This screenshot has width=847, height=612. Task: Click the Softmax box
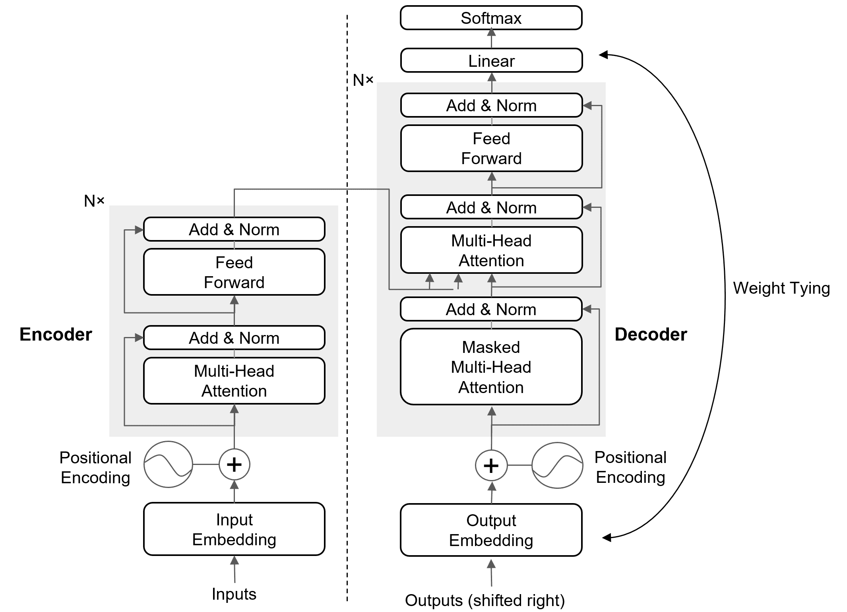click(491, 18)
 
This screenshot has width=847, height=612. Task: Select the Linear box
click(491, 60)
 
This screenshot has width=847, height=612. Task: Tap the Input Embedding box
click(234, 529)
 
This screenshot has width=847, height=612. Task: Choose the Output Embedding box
click(491, 530)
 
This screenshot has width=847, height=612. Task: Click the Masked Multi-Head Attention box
click(491, 367)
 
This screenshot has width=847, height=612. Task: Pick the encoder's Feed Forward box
click(234, 272)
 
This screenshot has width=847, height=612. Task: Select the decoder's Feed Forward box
click(491, 148)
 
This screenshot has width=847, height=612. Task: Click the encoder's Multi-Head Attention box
click(234, 381)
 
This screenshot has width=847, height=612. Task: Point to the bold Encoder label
click(56, 334)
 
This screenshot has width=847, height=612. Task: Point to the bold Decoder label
click(651, 334)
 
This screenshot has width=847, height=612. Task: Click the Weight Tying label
click(781, 288)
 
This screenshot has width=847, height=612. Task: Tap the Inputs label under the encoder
click(234, 594)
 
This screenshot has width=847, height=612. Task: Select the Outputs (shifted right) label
click(485, 600)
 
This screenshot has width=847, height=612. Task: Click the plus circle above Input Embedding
click(234, 464)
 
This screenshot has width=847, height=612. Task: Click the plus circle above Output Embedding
click(491, 465)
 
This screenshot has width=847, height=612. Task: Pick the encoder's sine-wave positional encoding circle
click(168, 464)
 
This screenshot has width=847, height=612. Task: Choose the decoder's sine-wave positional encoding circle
click(557, 465)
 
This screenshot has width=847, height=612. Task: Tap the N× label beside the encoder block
click(94, 201)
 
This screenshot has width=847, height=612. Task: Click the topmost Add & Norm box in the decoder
click(491, 105)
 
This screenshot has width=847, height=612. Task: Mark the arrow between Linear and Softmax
click(491, 39)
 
